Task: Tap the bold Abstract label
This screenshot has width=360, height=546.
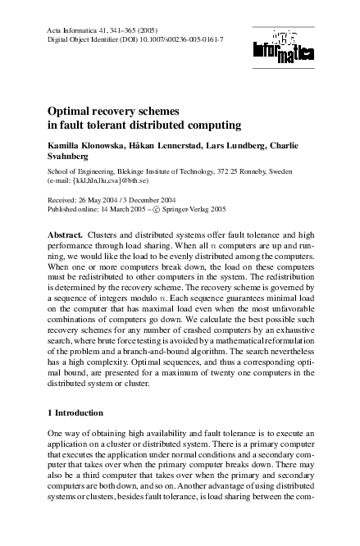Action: click(65, 234)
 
